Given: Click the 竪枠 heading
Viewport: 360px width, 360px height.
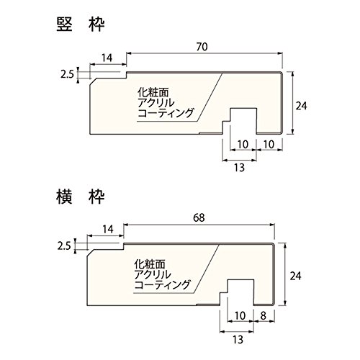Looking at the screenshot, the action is (x=81, y=24).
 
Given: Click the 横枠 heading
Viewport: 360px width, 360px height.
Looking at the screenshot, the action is (x=81, y=197).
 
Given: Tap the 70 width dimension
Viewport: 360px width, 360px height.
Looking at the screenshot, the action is (x=202, y=47).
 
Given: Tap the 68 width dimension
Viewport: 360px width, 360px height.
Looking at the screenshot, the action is (x=199, y=217).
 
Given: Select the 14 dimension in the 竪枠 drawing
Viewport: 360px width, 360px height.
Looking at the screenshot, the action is (x=107, y=58).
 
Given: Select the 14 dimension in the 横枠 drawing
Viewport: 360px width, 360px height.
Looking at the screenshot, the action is (x=108, y=230).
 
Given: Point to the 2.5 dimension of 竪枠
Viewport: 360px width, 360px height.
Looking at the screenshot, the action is (x=67, y=75).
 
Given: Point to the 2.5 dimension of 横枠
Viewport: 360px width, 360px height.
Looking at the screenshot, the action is (x=64, y=246).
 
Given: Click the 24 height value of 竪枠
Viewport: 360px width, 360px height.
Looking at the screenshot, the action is (x=301, y=106).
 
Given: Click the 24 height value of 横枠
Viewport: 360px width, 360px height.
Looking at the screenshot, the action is (x=295, y=276).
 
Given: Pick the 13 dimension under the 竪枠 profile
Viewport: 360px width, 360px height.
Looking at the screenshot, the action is (x=239, y=168).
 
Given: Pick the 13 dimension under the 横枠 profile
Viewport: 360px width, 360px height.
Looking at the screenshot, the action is (x=238, y=340).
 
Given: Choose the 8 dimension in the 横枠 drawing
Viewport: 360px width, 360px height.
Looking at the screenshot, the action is (x=264, y=316).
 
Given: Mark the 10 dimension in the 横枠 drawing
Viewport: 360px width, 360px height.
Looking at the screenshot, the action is (x=240, y=316).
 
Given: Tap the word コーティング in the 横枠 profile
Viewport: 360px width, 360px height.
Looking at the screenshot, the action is (x=162, y=284).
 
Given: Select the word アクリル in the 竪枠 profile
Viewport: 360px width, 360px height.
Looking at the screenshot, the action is (x=156, y=102).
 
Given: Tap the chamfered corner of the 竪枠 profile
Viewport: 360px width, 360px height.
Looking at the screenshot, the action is (x=93, y=81).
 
